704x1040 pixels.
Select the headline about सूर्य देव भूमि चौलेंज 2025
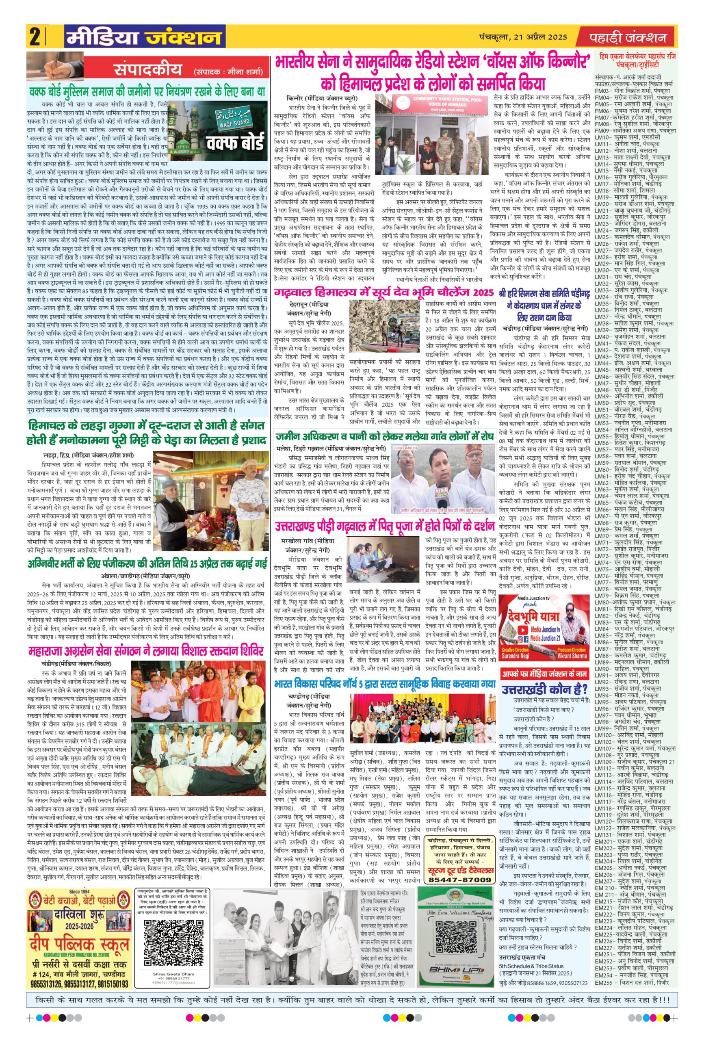click(384, 292)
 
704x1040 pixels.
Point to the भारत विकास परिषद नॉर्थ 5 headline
click(384, 684)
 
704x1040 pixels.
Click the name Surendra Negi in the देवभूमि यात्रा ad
click(516, 656)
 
